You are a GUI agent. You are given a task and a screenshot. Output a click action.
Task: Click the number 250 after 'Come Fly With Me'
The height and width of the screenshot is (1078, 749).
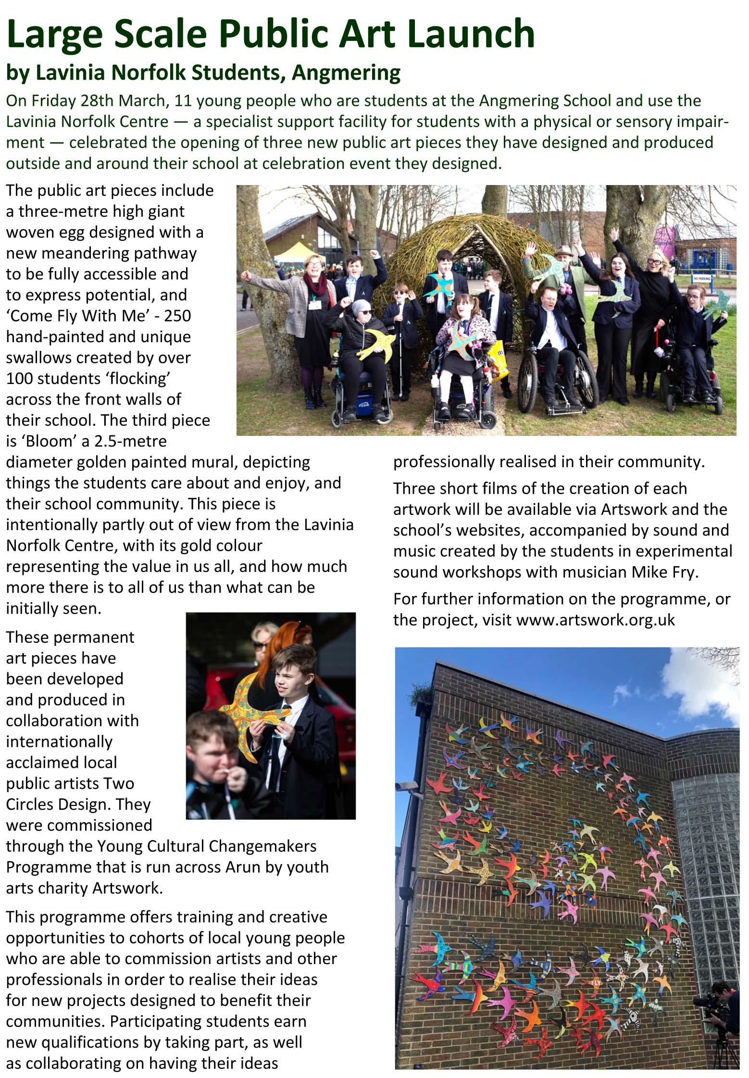[177, 316]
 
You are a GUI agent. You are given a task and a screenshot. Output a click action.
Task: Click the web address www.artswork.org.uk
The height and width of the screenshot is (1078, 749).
[596, 620]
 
